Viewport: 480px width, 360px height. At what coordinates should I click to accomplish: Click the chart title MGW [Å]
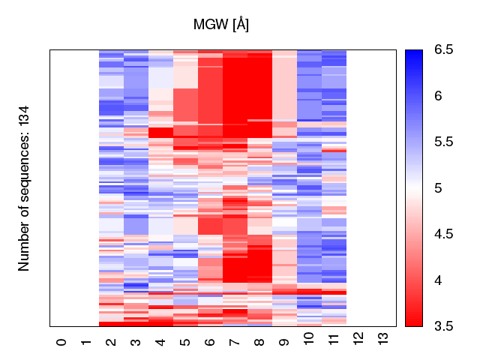221,25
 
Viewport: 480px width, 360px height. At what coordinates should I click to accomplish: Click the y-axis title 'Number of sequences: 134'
24,188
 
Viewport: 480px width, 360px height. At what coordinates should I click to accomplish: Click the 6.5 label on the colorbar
443,50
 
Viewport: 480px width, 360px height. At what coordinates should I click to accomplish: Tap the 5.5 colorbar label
443,142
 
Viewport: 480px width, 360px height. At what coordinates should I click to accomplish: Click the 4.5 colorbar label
443,235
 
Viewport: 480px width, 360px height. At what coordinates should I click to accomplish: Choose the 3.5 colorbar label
443,326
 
